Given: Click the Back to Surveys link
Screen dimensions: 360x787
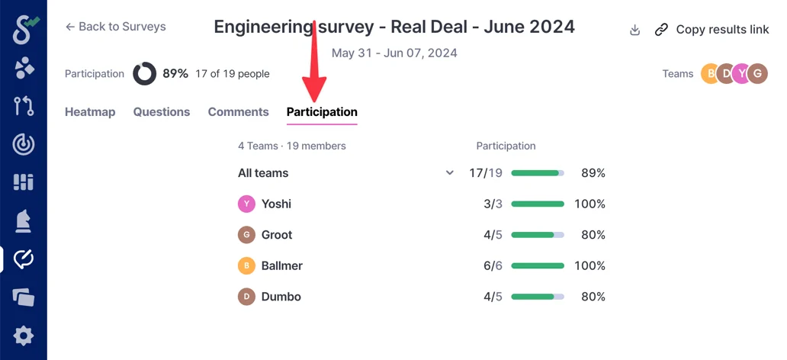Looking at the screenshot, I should [x=116, y=27].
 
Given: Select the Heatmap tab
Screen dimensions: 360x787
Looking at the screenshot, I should [x=90, y=112].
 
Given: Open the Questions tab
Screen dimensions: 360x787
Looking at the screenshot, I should [x=162, y=112].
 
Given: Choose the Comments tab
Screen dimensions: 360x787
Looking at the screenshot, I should [x=238, y=112].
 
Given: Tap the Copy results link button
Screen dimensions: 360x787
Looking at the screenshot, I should [x=712, y=30].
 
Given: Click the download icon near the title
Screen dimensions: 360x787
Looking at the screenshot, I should [x=634, y=31].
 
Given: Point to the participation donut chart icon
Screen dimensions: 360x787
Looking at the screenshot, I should [x=145, y=74].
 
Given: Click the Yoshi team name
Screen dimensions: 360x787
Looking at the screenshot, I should [x=276, y=204].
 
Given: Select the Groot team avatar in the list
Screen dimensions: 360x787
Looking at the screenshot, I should [x=246, y=235].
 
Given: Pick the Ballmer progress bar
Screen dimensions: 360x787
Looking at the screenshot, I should [x=538, y=266].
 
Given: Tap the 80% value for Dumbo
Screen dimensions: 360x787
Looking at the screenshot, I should [x=593, y=297].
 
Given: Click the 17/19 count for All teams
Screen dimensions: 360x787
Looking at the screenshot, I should [x=486, y=173].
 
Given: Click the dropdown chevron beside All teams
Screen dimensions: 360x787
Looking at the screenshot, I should [x=450, y=173].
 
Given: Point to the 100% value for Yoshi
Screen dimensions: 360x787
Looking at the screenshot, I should [x=590, y=204].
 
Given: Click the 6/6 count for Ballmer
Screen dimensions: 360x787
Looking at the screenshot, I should [x=493, y=266].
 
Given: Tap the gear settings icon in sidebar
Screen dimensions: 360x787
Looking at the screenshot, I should [x=24, y=336].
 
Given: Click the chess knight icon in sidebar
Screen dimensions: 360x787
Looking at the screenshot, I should [x=24, y=221].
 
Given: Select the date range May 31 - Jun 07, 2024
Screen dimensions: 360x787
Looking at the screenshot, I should [x=394, y=53].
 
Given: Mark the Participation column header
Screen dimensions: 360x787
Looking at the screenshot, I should [x=506, y=146].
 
